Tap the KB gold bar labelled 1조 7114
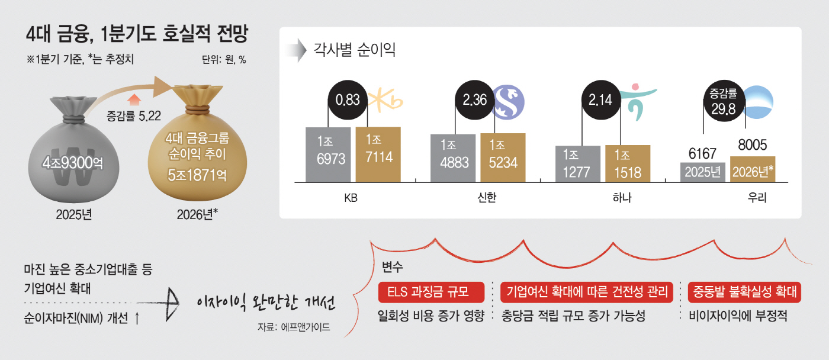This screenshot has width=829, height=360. (x=378, y=154)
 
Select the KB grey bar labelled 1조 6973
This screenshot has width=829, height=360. (x=329, y=154)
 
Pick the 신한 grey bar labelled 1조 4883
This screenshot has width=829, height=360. (x=453, y=157)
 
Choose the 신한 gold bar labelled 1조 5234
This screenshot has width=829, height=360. (x=503, y=157)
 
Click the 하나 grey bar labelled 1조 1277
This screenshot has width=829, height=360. (x=578, y=163)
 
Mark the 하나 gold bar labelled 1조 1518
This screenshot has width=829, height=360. (x=628, y=163)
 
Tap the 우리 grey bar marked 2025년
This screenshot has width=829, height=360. (x=703, y=171)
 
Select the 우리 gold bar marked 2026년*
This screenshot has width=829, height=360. (x=753, y=169)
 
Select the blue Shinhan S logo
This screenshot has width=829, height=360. (x=510, y=99)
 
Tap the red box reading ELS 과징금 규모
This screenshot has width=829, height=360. (x=432, y=292)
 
